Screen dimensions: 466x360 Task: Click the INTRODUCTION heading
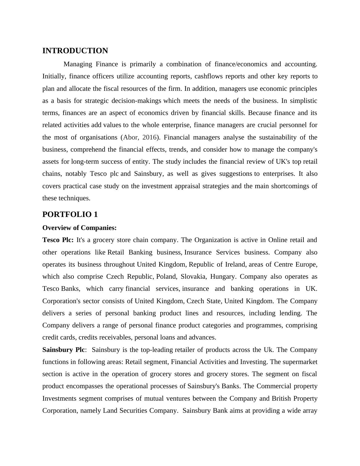pos(75,51)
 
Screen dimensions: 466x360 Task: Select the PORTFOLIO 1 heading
pos(70,215)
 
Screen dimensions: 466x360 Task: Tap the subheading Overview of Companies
pos(79,228)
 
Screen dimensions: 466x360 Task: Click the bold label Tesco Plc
pos(58,240)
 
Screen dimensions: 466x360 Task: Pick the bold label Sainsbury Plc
pos(64,350)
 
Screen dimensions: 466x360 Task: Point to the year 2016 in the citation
pos(149,137)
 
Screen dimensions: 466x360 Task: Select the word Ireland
pos(235,264)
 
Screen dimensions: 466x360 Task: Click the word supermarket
pos(300,362)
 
